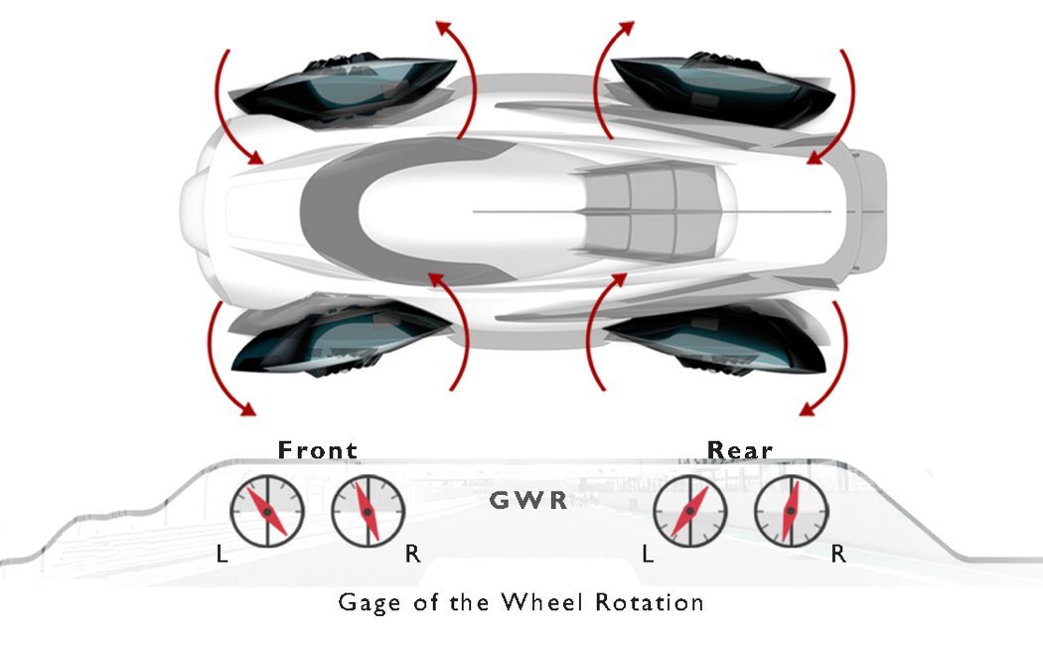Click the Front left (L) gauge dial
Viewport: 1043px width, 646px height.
[x=267, y=511]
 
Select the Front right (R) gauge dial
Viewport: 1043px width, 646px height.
[x=367, y=511]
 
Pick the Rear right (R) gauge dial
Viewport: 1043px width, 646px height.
[x=790, y=511]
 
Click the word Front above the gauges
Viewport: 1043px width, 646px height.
[x=317, y=450]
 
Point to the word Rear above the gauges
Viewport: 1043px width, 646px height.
[x=740, y=450]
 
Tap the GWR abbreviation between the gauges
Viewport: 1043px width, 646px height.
[x=528, y=500]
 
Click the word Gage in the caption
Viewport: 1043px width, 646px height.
[x=368, y=602]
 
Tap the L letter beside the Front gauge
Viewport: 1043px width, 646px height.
[x=222, y=555]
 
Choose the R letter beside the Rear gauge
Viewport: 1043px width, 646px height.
[x=838, y=555]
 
